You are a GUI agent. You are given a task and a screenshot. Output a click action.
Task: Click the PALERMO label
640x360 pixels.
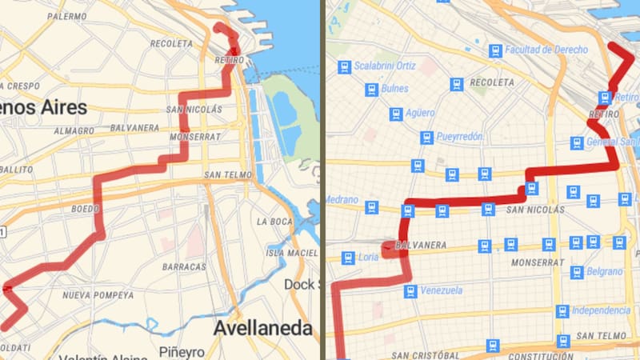coord(67,16)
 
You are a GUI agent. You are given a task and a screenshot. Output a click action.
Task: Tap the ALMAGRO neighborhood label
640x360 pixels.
coord(74,130)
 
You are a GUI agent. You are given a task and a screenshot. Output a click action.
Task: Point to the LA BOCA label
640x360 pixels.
coord(277,221)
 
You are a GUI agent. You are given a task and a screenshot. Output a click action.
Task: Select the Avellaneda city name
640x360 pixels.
coord(262,328)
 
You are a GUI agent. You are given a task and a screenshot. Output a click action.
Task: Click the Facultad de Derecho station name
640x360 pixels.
coord(546,50)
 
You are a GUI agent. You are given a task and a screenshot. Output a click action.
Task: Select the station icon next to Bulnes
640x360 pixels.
coord(371,89)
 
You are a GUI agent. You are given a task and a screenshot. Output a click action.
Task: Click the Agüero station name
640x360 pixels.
coord(419,114)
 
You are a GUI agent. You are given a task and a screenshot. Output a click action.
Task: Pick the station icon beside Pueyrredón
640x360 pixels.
coord(426,138)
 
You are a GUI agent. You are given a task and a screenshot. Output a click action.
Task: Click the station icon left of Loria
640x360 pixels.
coord(346,258)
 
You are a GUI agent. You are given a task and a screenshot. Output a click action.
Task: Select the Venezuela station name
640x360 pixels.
coord(442,290)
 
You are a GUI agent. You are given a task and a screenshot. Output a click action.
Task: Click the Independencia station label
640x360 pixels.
coord(601,310)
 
